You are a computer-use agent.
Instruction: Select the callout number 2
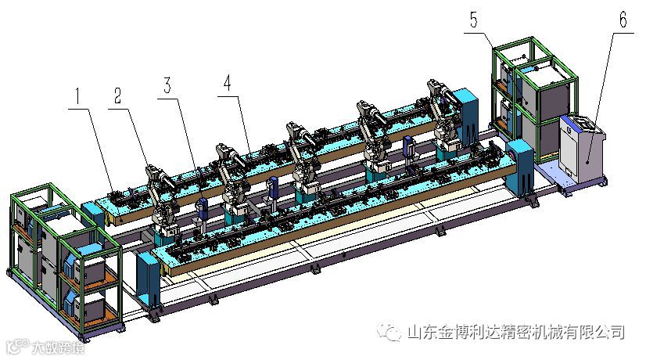[117, 96]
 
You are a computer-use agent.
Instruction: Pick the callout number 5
[475, 20]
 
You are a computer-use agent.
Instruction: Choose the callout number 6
[623, 20]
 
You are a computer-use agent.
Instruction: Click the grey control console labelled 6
[580, 153]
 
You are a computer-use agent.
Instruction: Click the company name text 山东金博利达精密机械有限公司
[516, 332]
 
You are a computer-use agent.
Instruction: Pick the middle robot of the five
[302, 153]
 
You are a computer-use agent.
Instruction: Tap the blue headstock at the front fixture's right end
[519, 164]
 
